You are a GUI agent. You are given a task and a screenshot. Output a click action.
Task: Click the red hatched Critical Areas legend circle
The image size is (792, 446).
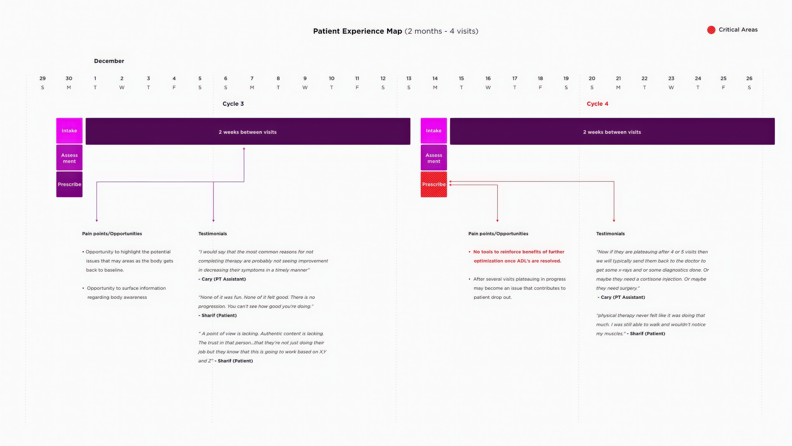tap(711, 30)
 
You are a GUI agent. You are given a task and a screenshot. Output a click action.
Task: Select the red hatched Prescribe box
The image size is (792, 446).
tap(434, 184)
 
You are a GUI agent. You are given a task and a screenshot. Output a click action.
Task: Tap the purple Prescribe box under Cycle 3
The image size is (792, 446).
tap(69, 184)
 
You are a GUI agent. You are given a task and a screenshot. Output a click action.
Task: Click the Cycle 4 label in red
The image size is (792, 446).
tap(597, 104)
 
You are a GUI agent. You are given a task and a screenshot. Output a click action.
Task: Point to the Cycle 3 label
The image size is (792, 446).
tap(233, 104)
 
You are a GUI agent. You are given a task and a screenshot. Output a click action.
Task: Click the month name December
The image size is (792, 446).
tap(109, 61)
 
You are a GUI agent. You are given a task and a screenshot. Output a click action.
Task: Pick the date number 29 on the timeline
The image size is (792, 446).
tap(42, 78)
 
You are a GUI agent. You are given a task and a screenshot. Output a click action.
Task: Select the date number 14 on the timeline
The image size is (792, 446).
tap(435, 78)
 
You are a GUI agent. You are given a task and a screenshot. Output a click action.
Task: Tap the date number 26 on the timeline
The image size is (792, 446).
tap(749, 78)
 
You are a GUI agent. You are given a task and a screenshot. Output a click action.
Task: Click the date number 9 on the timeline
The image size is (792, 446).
tap(305, 78)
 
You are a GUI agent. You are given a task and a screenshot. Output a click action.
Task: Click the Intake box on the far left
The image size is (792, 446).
tap(69, 131)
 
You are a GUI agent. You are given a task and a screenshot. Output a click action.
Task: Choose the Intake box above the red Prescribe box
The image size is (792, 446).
tap(434, 131)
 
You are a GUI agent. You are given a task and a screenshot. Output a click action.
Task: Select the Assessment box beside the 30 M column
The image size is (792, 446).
tap(69, 158)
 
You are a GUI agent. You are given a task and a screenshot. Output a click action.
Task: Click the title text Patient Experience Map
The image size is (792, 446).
tap(358, 31)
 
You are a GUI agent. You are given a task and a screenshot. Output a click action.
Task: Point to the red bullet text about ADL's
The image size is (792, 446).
tap(517, 256)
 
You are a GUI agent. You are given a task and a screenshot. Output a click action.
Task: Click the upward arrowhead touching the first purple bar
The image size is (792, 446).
tap(244, 148)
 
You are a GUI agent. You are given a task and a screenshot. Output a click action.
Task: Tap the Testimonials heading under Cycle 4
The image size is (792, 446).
tap(610, 234)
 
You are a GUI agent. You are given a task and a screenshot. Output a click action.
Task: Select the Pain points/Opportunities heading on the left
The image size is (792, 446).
tap(112, 234)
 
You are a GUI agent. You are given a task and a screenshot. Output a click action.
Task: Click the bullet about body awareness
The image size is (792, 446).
tap(124, 293)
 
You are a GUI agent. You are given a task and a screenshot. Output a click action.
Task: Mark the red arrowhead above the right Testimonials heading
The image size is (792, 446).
tap(614, 220)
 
